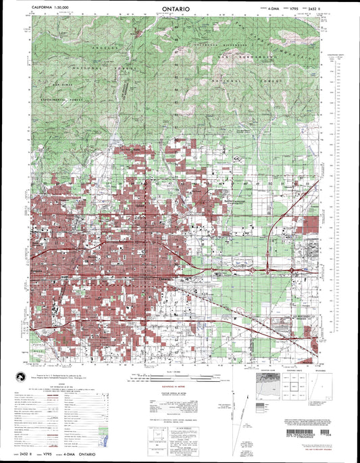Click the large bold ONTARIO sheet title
pyautogui.click(x=180, y=10)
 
